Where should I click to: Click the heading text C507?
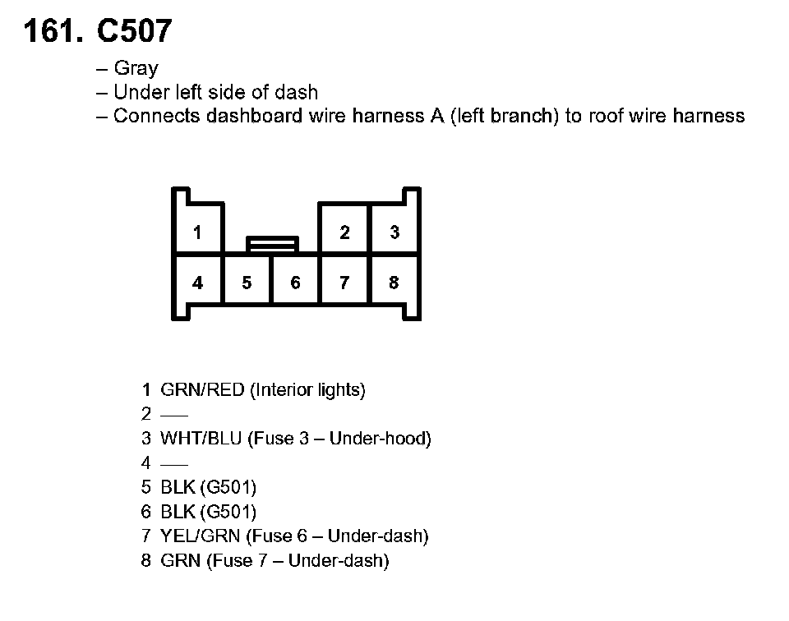(134, 31)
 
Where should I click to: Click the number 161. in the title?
(54, 31)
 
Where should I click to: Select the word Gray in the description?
(136, 69)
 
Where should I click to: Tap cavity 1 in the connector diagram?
(197, 232)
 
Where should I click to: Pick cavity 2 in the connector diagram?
(344, 232)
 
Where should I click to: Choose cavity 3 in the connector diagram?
(394, 232)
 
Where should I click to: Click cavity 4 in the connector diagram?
(197, 283)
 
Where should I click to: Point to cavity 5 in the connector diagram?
(247, 283)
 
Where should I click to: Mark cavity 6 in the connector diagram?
(295, 283)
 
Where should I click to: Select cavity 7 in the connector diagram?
(344, 283)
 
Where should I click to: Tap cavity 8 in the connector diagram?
(394, 283)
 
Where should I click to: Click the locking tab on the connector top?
(272, 243)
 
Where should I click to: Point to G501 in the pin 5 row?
(227, 488)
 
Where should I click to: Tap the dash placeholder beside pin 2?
(175, 415)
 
